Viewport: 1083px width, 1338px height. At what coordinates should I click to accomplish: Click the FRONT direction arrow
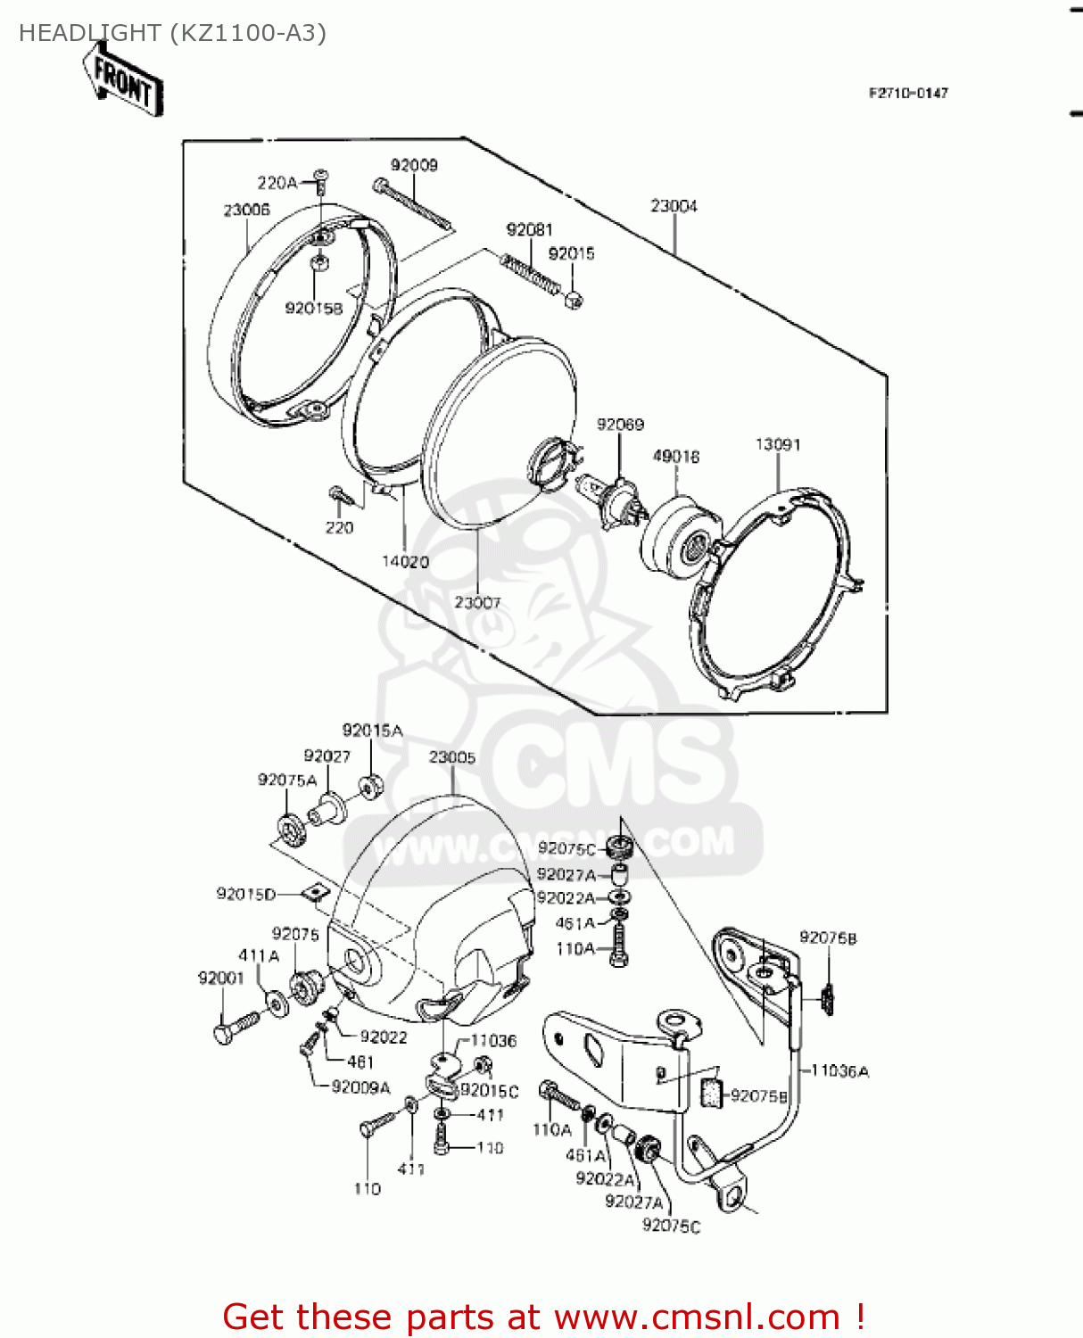(x=123, y=81)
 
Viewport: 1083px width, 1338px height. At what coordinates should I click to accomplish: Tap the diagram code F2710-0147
(x=908, y=93)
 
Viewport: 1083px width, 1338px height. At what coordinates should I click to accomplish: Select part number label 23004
(x=674, y=206)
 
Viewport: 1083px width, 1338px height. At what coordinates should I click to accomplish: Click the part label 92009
(x=414, y=165)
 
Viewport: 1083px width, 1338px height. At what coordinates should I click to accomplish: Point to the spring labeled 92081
(x=530, y=272)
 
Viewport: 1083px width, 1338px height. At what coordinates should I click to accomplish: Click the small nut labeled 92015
(x=575, y=299)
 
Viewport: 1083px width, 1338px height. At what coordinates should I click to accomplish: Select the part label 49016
(x=675, y=457)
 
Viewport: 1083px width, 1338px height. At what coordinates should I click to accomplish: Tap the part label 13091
(x=777, y=444)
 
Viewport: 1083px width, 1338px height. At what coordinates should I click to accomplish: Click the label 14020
(x=405, y=562)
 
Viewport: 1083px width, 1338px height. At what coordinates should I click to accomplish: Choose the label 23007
(x=477, y=603)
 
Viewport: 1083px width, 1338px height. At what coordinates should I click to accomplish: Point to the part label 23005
(x=451, y=757)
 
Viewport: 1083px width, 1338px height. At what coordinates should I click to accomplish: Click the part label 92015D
(x=245, y=894)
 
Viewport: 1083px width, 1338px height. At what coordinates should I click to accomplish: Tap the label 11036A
(x=839, y=1070)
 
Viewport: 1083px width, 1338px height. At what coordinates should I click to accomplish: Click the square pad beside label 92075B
(x=710, y=1092)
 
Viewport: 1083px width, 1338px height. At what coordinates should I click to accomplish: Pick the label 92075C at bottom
(x=671, y=1226)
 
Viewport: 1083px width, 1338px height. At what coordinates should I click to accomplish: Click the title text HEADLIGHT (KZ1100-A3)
(x=172, y=33)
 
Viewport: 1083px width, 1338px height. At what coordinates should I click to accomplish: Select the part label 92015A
(x=372, y=731)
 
